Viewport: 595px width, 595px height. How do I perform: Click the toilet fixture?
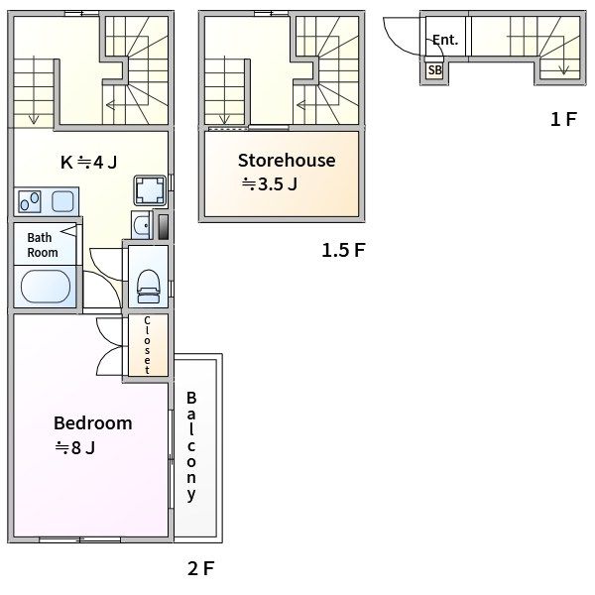[x=149, y=287]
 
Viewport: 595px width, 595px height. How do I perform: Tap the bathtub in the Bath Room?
[x=46, y=287]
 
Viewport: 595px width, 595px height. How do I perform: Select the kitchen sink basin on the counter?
[x=62, y=201]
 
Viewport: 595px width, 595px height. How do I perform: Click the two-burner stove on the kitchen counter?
[x=30, y=202]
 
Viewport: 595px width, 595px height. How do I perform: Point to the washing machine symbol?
[x=150, y=190]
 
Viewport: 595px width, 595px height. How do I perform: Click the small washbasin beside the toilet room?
[x=142, y=225]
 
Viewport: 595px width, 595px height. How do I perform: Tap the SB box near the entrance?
[x=434, y=70]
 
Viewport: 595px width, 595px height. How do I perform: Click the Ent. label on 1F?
[x=444, y=40]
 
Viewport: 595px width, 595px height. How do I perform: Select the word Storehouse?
[x=287, y=160]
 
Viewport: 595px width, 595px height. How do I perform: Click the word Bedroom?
[x=93, y=423]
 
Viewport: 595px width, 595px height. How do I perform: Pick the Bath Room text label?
[x=42, y=245]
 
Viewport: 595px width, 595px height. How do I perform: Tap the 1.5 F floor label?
[x=343, y=251]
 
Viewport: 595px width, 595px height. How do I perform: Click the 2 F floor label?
[x=200, y=568]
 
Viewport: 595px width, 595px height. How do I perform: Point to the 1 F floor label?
[x=563, y=119]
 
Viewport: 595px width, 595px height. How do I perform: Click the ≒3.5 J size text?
[x=270, y=184]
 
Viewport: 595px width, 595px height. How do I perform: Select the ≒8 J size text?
[x=75, y=448]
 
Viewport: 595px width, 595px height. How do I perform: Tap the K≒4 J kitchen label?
[x=89, y=163]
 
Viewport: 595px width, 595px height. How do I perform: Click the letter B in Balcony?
[x=191, y=398]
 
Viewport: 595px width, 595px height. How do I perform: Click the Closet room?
[x=148, y=345]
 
